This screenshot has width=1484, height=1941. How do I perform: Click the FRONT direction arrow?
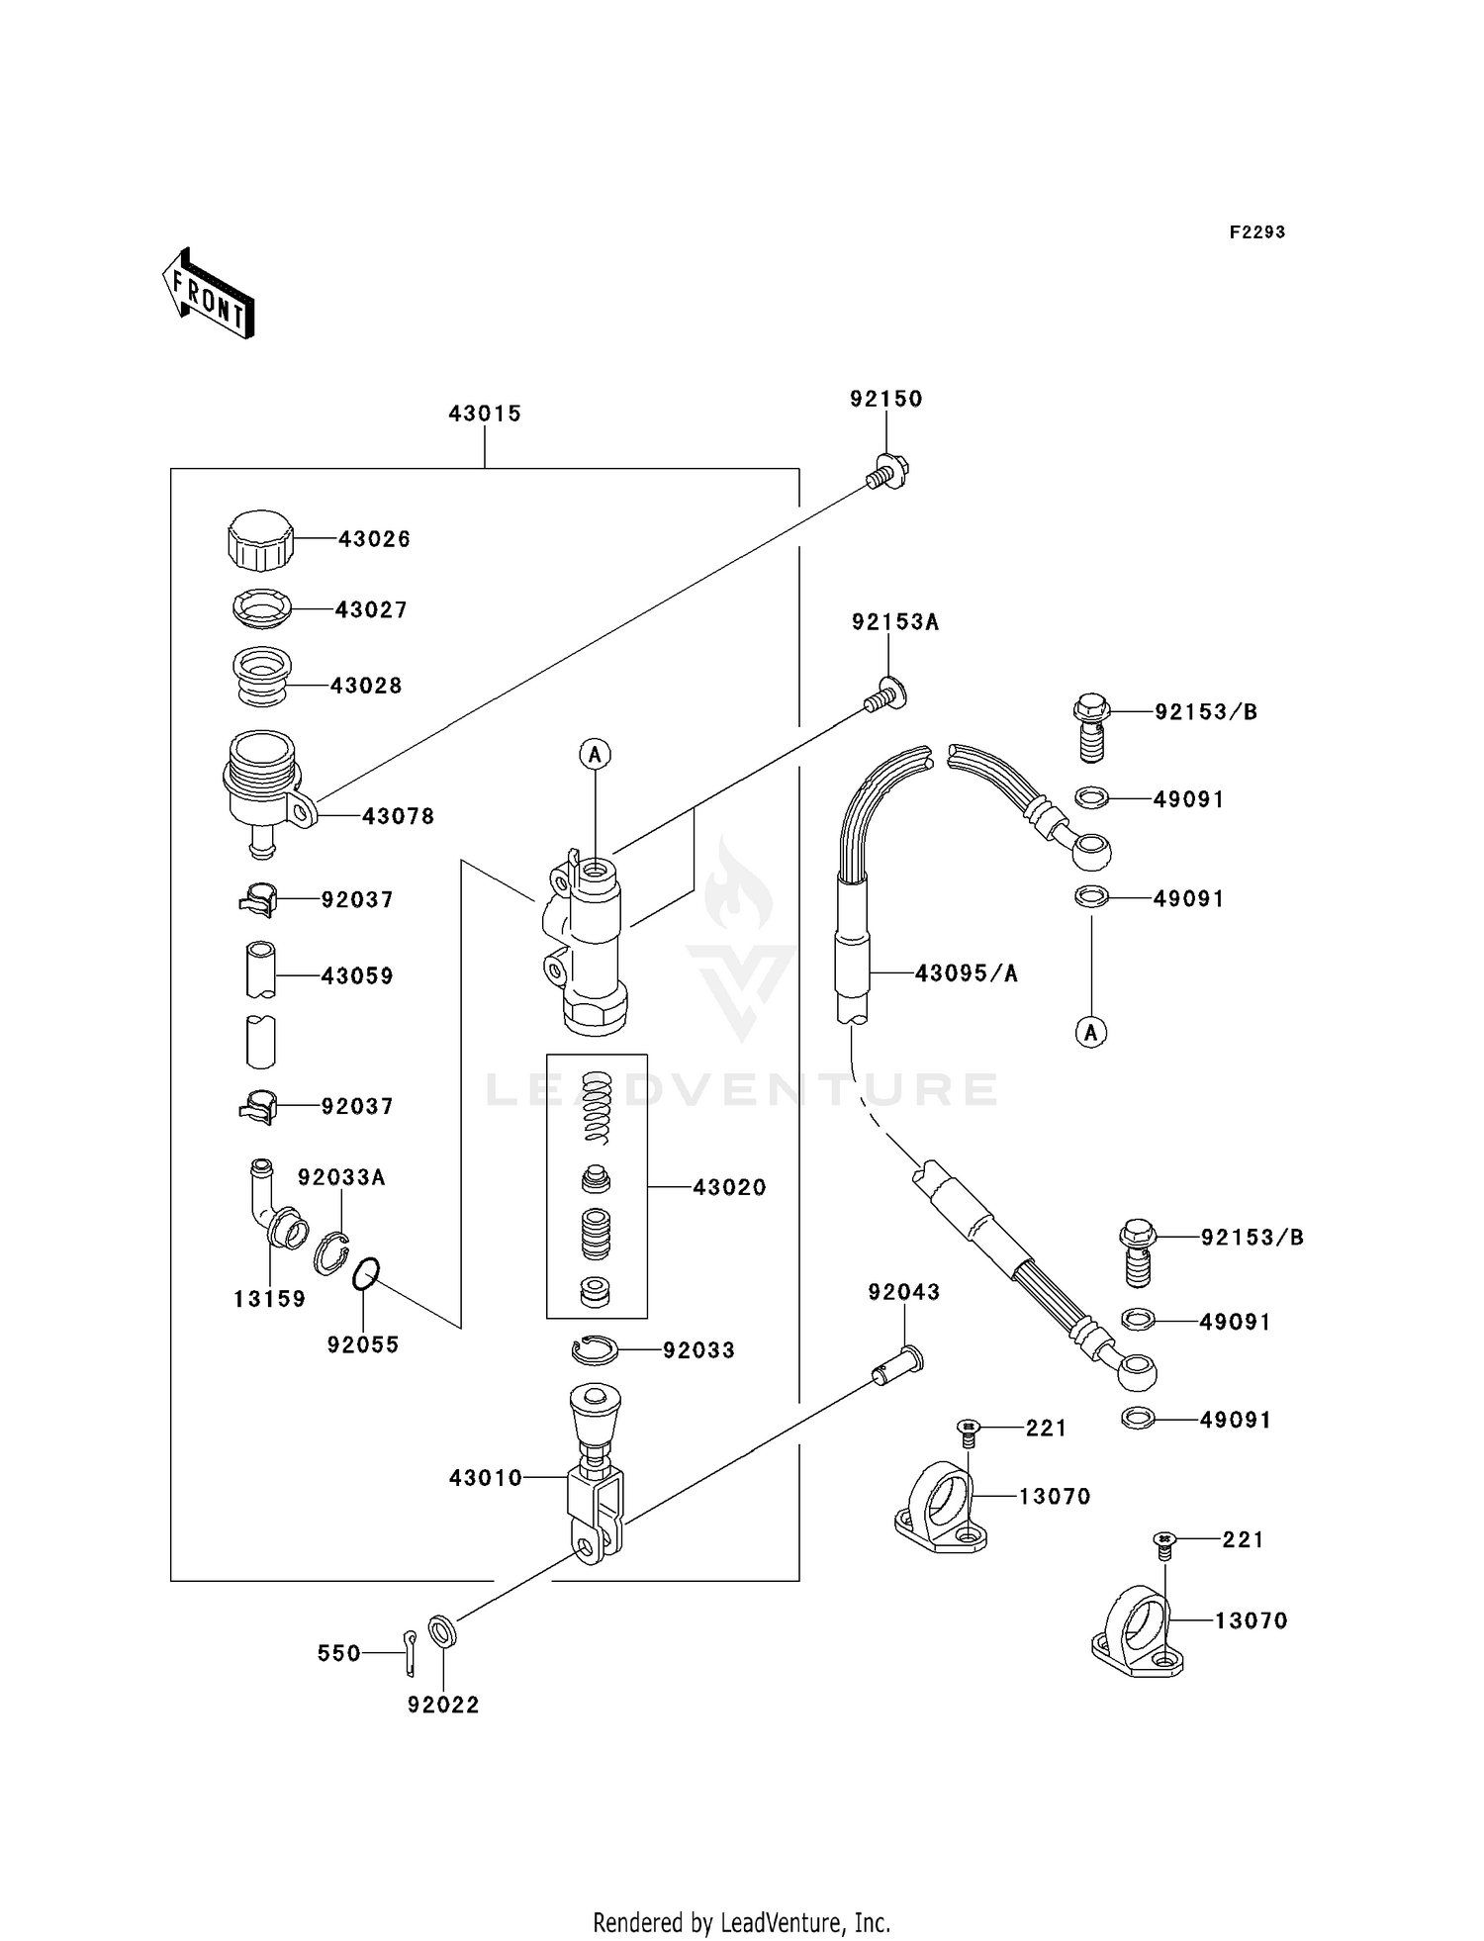[208, 295]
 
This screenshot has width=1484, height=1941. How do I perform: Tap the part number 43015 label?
[484, 414]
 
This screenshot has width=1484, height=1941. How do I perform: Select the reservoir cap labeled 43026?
[260, 540]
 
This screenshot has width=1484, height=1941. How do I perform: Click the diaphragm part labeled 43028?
[261, 677]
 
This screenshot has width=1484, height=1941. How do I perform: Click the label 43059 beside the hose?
[357, 976]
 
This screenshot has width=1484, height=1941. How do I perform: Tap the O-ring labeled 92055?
[366, 1274]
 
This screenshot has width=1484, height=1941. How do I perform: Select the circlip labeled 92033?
[596, 1349]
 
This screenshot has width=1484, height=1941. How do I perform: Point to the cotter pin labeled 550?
[410, 1654]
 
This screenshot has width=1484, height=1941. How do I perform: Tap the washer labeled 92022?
[442, 1630]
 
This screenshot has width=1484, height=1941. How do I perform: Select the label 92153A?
[894, 622]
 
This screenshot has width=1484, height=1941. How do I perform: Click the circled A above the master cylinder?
[595, 755]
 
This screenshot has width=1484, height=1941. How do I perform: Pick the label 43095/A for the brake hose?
[966, 973]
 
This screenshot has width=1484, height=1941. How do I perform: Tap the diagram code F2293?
[1256, 232]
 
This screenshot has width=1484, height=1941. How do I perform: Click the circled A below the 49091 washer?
[1091, 1033]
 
